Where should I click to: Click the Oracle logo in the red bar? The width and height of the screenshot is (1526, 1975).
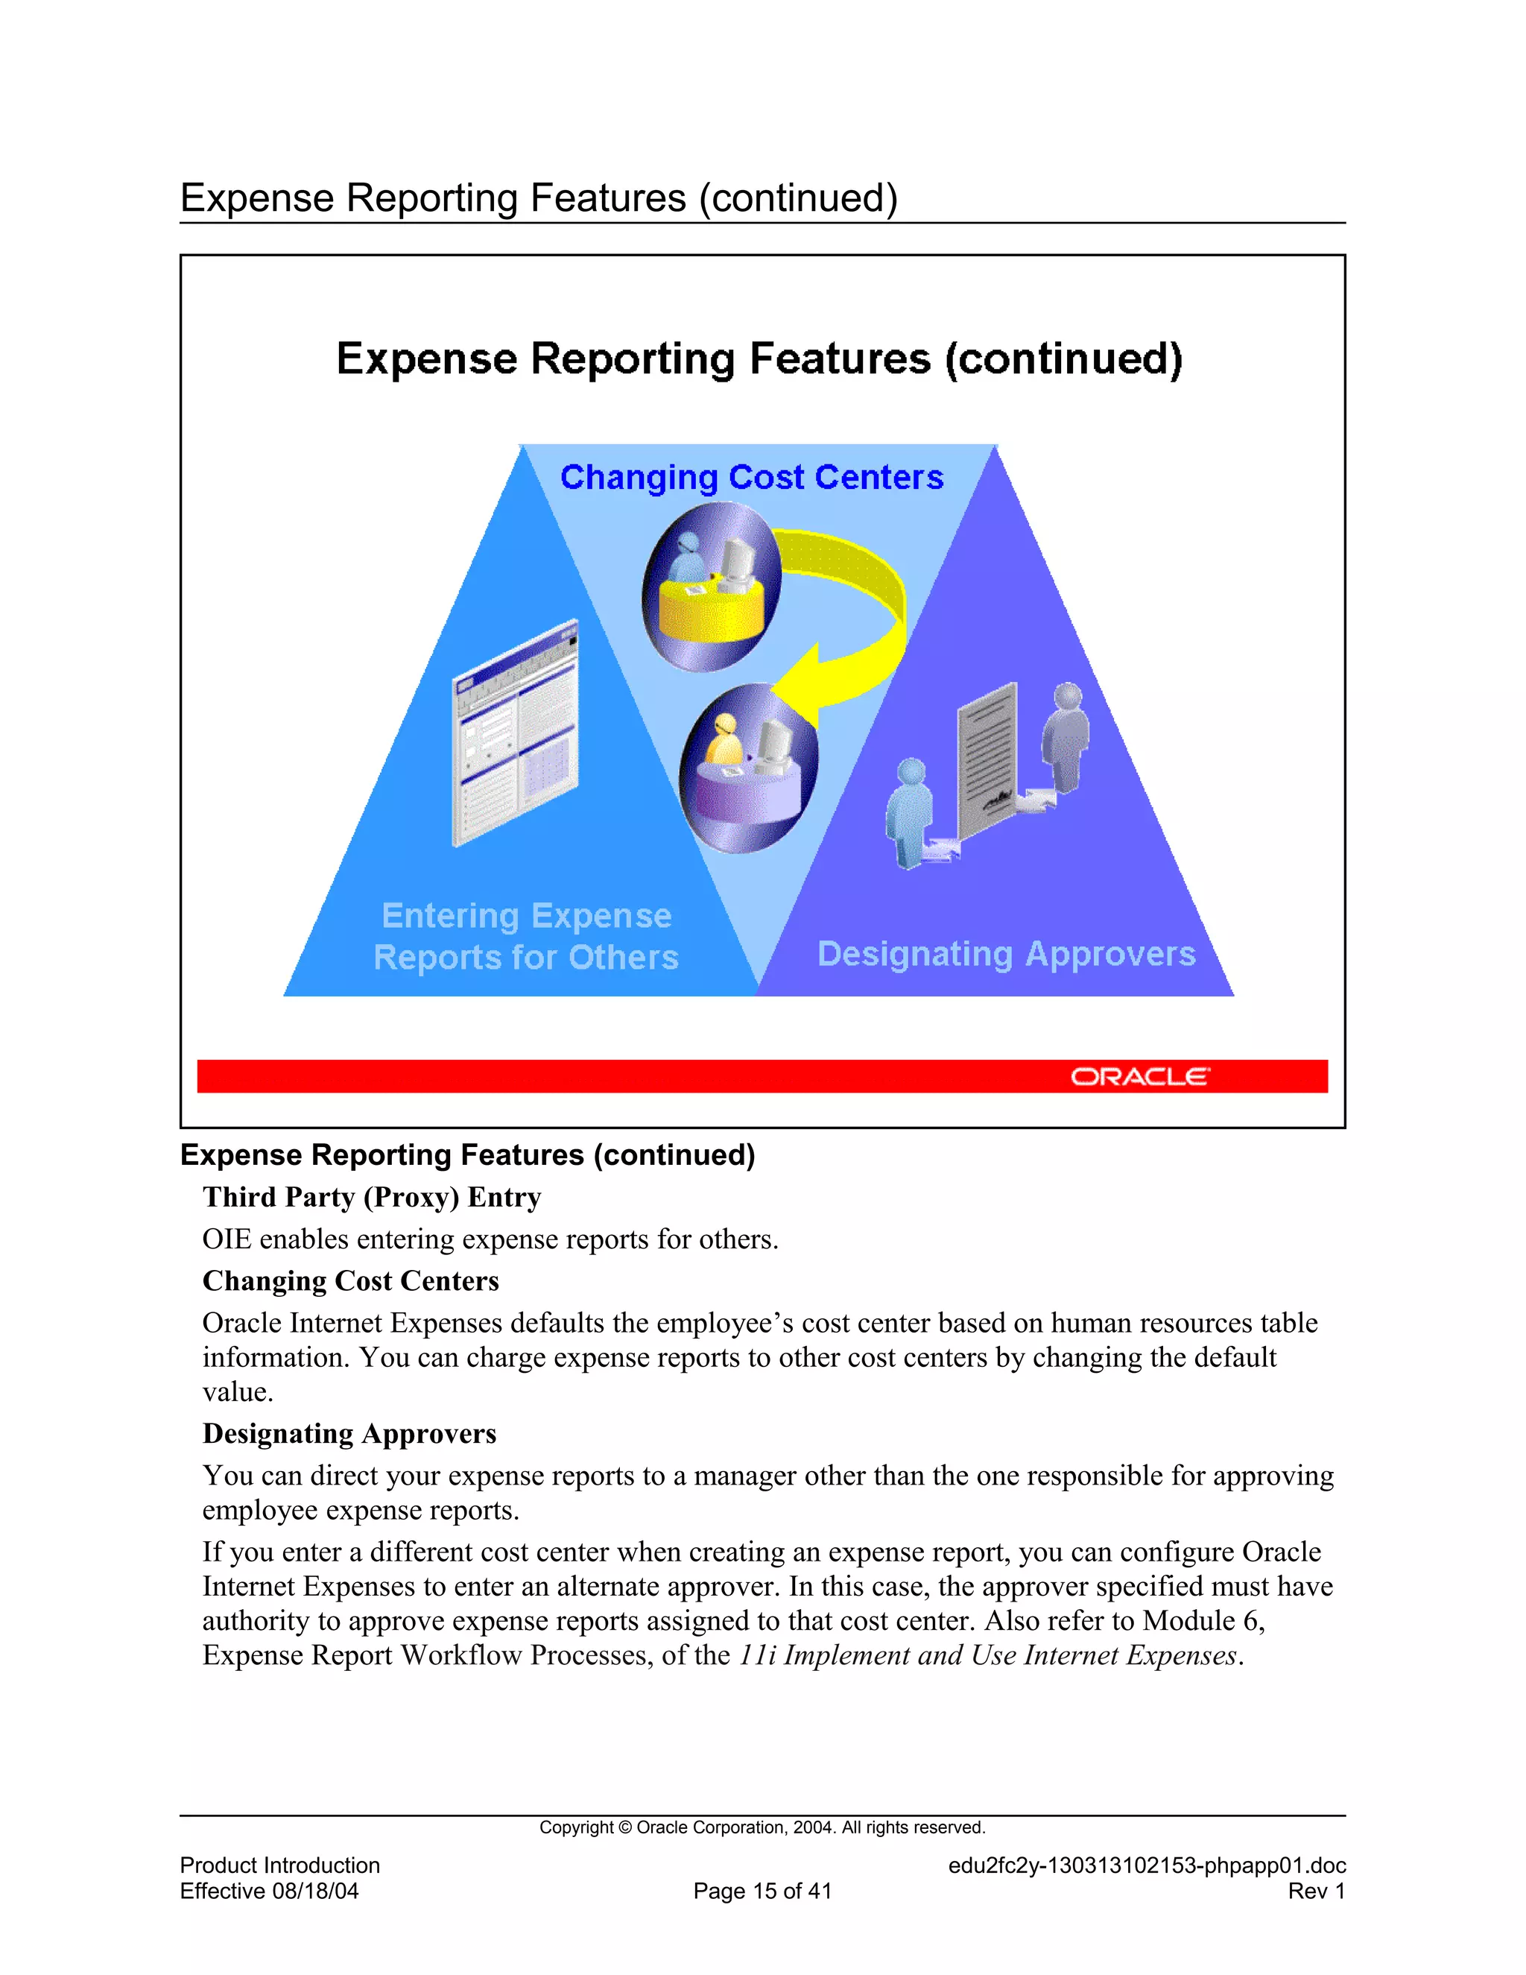pos(1139,1077)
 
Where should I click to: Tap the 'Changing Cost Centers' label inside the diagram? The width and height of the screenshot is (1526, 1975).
pos(751,478)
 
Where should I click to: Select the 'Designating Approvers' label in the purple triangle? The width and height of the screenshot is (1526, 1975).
pos(1006,954)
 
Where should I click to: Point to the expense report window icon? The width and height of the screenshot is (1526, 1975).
pos(516,733)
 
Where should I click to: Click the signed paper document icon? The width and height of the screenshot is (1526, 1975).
pos(988,750)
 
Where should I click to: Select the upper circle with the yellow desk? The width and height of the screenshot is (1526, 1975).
pos(712,586)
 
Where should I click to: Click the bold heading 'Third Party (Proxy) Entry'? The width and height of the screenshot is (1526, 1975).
pos(372,1198)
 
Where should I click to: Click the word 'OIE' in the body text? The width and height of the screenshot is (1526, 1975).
pos(226,1239)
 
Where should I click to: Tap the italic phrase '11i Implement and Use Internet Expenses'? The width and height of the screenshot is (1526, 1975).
pos(987,1655)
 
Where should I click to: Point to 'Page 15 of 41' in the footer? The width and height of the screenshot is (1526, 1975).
pos(762,1891)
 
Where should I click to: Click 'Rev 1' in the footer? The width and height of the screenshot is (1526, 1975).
pos(1317,1891)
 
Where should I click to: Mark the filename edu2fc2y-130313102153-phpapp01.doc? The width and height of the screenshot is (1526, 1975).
pos(1146,1865)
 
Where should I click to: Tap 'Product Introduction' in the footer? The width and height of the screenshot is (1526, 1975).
pos(280,1865)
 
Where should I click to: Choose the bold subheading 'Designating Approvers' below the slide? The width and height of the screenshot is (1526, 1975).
pos(349,1433)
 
